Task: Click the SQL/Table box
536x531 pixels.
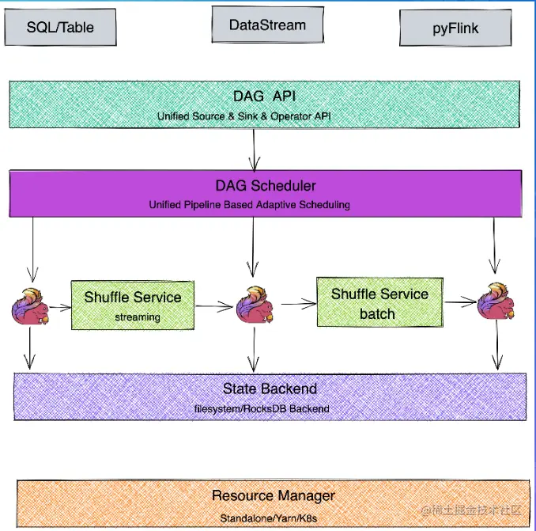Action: (60, 28)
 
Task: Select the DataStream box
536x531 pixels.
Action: (267, 25)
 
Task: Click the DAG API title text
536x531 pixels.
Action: (265, 97)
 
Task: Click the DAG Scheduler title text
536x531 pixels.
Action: (266, 186)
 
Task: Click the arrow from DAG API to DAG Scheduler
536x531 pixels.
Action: (254, 146)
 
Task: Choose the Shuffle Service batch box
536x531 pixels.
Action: (379, 302)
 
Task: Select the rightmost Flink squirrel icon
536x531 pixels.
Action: (496, 302)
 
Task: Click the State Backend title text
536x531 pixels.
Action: (270, 389)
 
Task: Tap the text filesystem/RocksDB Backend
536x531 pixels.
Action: (262, 408)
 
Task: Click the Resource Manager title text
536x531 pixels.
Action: (274, 496)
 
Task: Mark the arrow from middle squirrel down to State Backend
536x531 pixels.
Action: (252, 348)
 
